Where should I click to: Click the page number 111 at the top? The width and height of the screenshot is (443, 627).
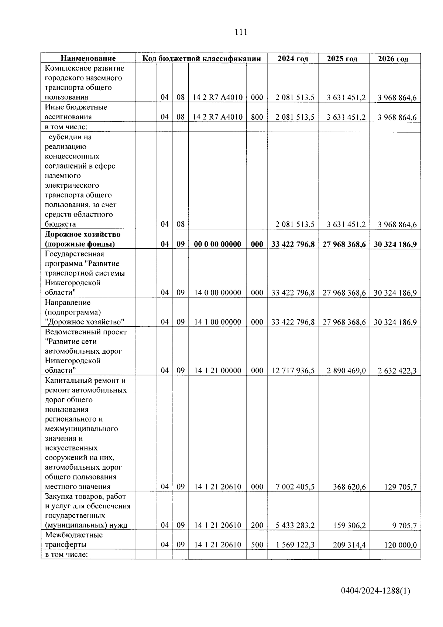pyautogui.click(x=240, y=32)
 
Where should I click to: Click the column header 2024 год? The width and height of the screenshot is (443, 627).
pyautogui.click(x=293, y=59)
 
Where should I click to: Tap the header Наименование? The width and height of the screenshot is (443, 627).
pyautogui.click(x=88, y=58)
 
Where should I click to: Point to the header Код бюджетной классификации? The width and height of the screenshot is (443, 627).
pyautogui.click(x=202, y=58)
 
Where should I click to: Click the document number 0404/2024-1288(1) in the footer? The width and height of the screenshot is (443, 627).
pyautogui.click(x=375, y=591)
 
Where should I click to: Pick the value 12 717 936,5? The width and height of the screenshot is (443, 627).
pyautogui.click(x=293, y=371)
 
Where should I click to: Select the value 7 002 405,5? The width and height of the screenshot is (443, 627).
pyautogui.click(x=295, y=487)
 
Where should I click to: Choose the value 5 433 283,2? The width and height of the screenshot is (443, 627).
pyautogui.click(x=295, y=525)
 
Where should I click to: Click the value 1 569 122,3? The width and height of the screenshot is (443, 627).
pyautogui.click(x=295, y=545)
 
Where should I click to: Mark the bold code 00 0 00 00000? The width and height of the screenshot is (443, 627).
pyautogui.click(x=217, y=244)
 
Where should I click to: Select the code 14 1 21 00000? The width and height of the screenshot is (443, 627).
pyautogui.click(x=217, y=371)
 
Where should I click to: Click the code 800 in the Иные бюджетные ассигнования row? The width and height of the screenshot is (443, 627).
pyautogui.click(x=257, y=117)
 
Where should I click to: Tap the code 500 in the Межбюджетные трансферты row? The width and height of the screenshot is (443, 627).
pyautogui.click(x=257, y=545)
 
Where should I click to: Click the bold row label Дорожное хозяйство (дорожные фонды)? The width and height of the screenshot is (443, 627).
pyautogui.click(x=82, y=239)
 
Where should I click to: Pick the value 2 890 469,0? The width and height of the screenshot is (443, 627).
pyautogui.click(x=346, y=371)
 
